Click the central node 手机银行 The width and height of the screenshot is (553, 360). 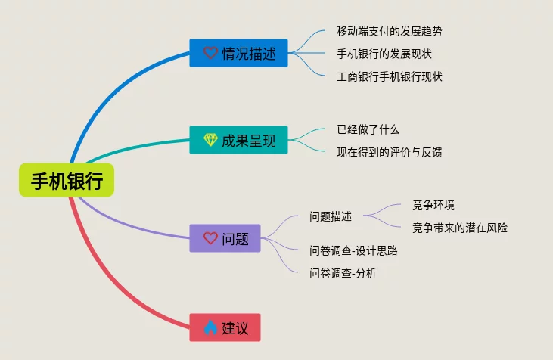pyautogui.click(x=67, y=181)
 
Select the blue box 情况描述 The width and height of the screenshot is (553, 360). pyautogui.click(x=238, y=53)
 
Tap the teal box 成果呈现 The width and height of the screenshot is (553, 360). pyautogui.click(x=238, y=140)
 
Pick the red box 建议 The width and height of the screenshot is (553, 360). pyautogui.click(x=225, y=327)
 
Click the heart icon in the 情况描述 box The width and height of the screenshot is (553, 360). pyautogui.click(x=210, y=53)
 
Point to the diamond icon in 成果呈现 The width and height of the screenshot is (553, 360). pyautogui.click(x=210, y=140)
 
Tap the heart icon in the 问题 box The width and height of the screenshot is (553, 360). pyautogui.click(x=210, y=238)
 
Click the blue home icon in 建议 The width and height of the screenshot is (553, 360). pyautogui.click(x=210, y=327)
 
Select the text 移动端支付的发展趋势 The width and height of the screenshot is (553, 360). pyautogui.click(x=390, y=32)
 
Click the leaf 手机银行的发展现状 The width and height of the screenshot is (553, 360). pyautogui.click(x=384, y=54)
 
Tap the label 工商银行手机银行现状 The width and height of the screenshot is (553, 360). pyautogui.click(x=390, y=76)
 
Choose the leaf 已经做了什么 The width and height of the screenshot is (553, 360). pyautogui.click(x=368, y=129)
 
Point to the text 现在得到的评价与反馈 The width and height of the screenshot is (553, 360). pyautogui.click(x=390, y=152)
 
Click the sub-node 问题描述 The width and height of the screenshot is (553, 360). pyautogui.click(x=331, y=216)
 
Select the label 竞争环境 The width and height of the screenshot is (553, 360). pyautogui.click(x=433, y=205)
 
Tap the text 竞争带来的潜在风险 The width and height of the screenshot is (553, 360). pyautogui.click(x=460, y=228)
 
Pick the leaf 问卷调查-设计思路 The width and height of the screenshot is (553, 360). pyautogui.click(x=353, y=250)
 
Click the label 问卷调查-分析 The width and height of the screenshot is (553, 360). pyautogui.click(x=343, y=273)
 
